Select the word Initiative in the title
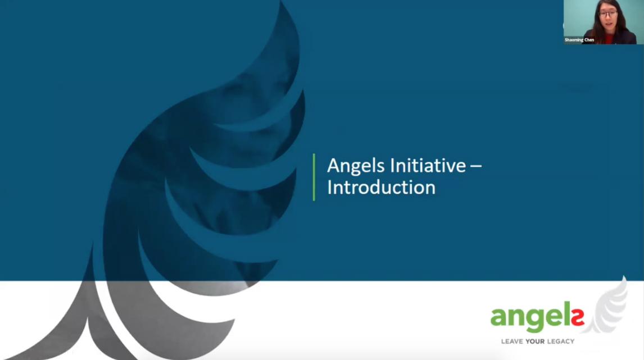pos(428,166)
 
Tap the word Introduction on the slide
pos(381,188)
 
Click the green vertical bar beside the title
pos(314,177)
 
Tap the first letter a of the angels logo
pos(498,317)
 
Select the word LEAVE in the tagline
pos(512,341)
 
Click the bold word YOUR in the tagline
pos(535,341)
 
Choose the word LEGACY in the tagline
pos(561,341)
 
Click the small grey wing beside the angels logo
pos(608,306)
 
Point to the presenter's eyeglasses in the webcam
pos(607,15)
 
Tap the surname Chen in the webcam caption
pos(589,40)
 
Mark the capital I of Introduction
pos(329,187)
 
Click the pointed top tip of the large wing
pos(282,1)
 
